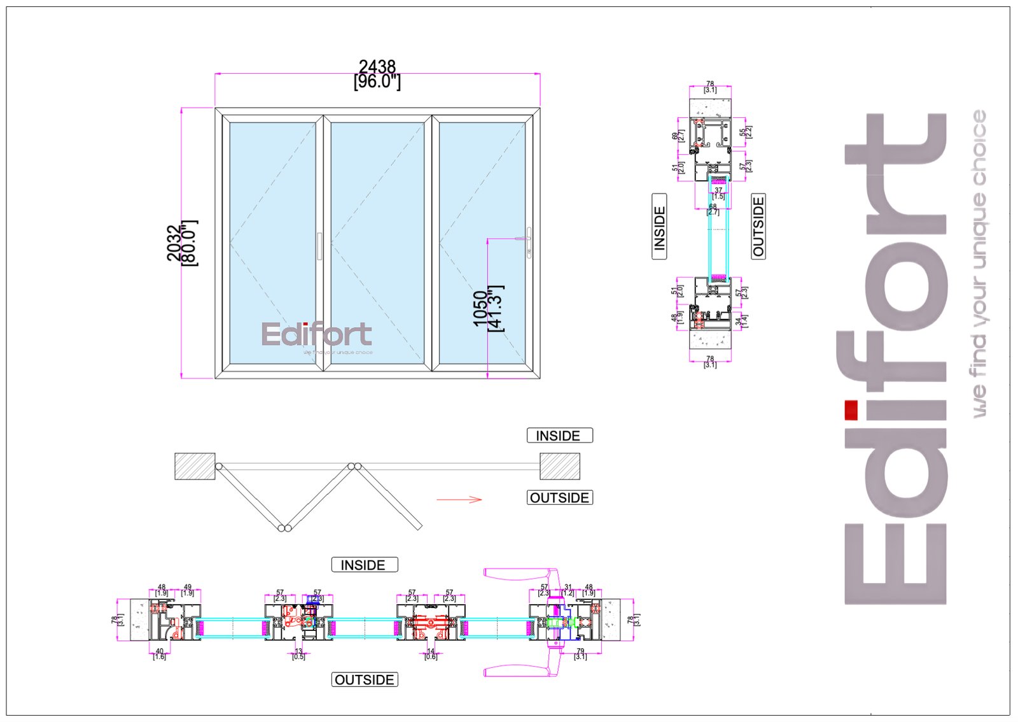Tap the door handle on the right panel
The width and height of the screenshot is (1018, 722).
(x=529, y=243)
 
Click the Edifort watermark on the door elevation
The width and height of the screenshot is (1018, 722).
(x=317, y=336)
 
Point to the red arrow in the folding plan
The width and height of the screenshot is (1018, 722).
(x=459, y=500)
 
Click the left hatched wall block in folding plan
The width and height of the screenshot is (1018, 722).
(x=195, y=466)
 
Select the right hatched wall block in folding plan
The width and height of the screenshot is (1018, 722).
(x=560, y=466)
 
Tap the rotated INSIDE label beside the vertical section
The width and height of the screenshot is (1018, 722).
(x=659, y=227)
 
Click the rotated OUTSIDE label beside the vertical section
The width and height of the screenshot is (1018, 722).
(x=758, y=226)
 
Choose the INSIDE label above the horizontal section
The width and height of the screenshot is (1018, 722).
(x=364, y=565)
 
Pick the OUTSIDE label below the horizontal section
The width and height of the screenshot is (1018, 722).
(x=365, y=680)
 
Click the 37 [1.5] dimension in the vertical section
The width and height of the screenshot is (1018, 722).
(x=718, y=193)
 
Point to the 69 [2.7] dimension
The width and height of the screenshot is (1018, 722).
(x=678, y=136)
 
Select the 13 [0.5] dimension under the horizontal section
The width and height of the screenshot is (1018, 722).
(x=298, y=654)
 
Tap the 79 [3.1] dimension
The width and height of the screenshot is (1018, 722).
(x=580, y=654)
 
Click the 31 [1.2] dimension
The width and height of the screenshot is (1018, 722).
(x=568, y=590)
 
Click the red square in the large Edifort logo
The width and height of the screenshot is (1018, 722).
(x=851, y=410)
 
